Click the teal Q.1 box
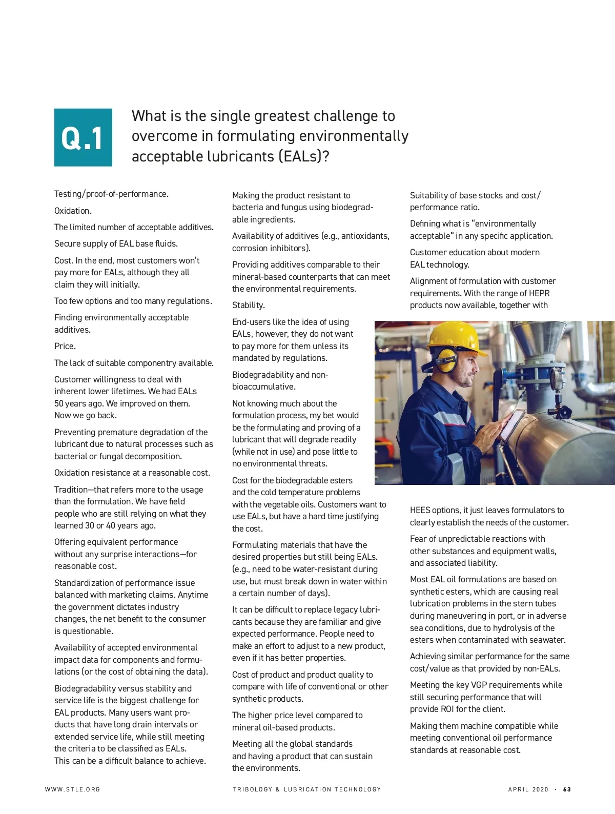(83, 137)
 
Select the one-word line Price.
(65, 346)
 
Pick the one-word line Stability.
(249, 305)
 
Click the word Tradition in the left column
(71, 490)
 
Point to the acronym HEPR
(538, 293)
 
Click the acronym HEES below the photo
(420, 510)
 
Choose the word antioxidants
(365, 236)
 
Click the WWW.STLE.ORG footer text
(73, 789)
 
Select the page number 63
(567, 789)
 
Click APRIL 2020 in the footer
(528, 789)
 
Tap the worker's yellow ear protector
(446, 361)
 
